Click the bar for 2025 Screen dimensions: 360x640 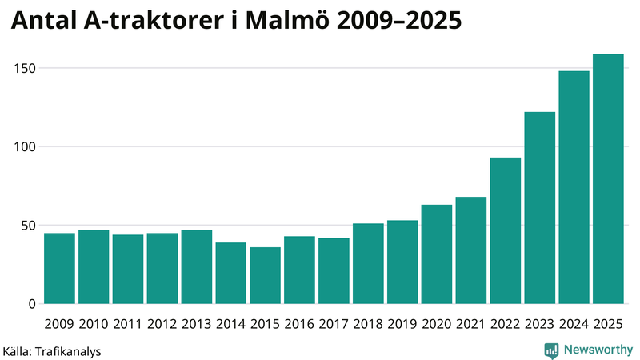[608, 179]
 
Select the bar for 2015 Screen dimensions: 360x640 [265, 276]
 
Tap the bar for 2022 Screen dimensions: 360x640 [506, 231]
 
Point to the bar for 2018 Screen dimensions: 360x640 [368, 264]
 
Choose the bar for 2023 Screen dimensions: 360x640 [540, 208]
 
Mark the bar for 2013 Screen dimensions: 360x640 [197, 267]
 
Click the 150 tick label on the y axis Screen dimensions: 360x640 [26, 69]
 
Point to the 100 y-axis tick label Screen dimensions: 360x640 [26, 147]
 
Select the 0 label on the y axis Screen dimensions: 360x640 [33, 304]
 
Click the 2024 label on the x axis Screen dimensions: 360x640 [574, 323]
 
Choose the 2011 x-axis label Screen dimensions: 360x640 [128, 323]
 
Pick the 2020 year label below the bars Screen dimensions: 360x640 [437, 323]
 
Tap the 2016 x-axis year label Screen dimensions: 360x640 [299, 323]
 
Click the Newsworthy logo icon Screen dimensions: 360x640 [551, 350]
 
